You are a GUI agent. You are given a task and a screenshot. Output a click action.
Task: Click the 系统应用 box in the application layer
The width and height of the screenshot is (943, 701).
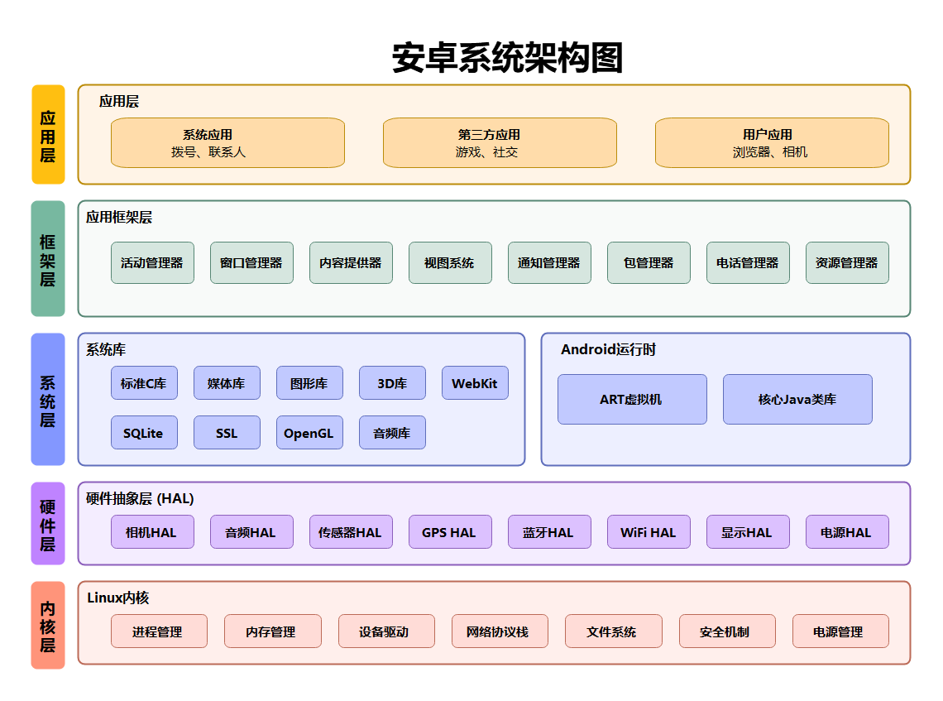[x=227, y=142]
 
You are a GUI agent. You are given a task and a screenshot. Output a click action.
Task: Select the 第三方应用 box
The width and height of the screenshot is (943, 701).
[x=500, y=142]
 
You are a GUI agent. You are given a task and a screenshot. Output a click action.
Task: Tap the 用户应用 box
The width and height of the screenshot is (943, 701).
[x=772, y=142]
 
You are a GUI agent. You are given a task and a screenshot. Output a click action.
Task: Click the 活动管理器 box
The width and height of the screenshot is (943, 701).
[x=152, y=262]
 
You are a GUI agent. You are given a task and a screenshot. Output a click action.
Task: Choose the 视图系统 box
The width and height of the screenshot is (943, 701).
[x=450, y=262]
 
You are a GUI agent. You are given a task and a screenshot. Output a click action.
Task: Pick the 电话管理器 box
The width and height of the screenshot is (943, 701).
[x=748, y=262]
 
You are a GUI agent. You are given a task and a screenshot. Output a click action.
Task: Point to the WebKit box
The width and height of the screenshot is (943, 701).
[x=475, y=383]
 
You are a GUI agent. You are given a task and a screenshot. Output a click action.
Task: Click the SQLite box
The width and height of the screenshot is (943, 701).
[x=144, y=433]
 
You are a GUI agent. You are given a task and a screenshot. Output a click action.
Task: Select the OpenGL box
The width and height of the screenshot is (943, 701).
[x=309, y=433]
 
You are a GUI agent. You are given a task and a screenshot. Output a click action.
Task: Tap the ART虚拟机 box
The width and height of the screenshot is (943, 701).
[x=632, y=399]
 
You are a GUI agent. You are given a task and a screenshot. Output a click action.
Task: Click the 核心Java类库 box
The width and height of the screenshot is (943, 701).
[x=797, y=399]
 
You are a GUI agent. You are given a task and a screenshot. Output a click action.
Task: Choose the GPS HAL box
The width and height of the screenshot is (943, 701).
[x=450, y=532]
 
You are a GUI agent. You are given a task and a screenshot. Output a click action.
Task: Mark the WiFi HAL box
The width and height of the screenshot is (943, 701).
[x=649, y=532]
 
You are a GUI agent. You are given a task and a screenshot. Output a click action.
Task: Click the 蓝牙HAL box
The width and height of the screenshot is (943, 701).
[x=549, y=532]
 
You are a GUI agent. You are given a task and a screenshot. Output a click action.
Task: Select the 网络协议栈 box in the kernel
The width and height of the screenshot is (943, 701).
[x=498, y=631]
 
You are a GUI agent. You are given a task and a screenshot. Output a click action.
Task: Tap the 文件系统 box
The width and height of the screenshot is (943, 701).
[x=613, y=631]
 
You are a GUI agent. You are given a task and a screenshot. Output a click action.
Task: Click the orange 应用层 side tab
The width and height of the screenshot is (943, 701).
[x=48, y=134]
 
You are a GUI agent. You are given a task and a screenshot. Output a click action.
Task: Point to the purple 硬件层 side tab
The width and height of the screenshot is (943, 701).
[x=48, y=523]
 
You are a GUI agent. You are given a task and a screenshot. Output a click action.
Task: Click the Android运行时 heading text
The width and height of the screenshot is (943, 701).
[x=608, y=349]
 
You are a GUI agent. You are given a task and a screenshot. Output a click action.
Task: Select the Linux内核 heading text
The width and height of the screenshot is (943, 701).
[x=118, y=598]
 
